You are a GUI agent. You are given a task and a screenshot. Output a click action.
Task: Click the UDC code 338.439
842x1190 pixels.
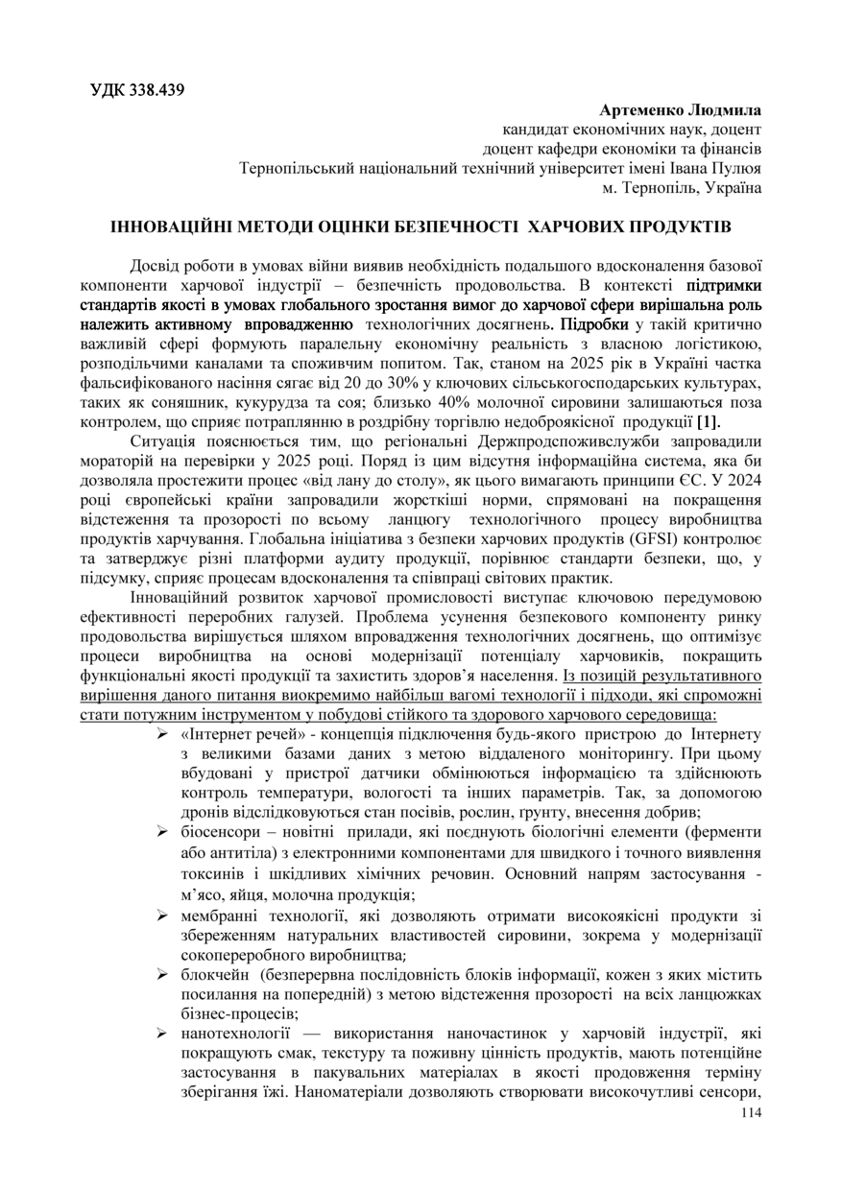156,91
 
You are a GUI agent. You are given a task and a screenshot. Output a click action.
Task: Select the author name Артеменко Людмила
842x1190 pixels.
679,111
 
